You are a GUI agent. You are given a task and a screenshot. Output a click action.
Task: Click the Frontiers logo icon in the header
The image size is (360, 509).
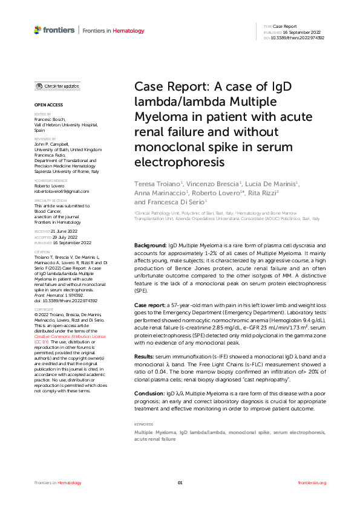[38, 30]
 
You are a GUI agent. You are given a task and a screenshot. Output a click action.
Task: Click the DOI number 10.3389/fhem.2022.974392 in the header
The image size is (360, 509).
[299, 37]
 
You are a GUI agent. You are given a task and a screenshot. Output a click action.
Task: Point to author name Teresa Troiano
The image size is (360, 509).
[155, 183]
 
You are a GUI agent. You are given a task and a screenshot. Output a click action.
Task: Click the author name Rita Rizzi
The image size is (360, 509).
[264, 192]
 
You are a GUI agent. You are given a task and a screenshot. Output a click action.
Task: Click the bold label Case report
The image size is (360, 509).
[149, 304]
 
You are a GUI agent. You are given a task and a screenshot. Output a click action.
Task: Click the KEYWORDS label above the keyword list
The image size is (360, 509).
[144, 424]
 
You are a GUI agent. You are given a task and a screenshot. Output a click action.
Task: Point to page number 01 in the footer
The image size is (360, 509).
[180, 482]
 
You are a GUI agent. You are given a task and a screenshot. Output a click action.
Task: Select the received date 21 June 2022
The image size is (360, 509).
[66, 232]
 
